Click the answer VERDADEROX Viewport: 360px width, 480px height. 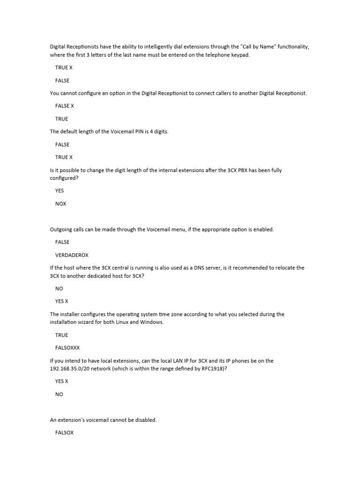pos(72,255)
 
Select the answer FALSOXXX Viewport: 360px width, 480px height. pos(68,348)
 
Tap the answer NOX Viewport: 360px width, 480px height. pos(61,203)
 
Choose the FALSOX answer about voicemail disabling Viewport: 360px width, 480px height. pos(65,433)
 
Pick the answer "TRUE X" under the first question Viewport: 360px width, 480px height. pos(64,67)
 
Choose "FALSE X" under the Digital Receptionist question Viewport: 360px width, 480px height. pos(65,106)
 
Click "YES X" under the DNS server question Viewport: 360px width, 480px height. pos(62,301)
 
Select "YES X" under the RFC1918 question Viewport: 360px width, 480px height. pos(62,381)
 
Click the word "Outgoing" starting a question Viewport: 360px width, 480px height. pos(61,229)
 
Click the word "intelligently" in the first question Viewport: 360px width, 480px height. pos(149,46)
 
